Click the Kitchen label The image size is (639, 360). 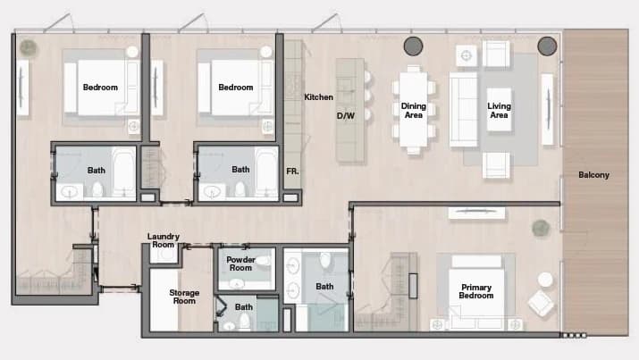click(x=318, y=96)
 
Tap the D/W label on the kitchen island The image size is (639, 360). click(x=346, y=115)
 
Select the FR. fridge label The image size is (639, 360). click(x=292, y=172)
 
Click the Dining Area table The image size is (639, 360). click(x=413, y=110)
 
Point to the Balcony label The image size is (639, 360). click(x=593, y=175)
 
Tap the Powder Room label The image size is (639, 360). click(x=240, y=264)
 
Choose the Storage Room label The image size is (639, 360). click(x=184, y=297)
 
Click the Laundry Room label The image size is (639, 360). click(x=163, y=240)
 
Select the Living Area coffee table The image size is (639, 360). click(x=499, y=109)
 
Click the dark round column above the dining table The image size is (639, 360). click(x=413, y=46)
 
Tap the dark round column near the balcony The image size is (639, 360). click(x=547, y=46)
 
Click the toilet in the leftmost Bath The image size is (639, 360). click(x=97, y=189)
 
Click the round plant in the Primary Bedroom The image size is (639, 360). click(x=541, y=228)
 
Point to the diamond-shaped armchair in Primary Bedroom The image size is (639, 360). click(x=541, y=303)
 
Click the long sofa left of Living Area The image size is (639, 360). click(x=463, y=109)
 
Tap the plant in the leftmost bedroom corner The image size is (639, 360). click(x=28, y=48)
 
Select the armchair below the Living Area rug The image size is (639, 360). click(x=496, y=165)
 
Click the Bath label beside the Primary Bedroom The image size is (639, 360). click(x=324, y=286)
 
